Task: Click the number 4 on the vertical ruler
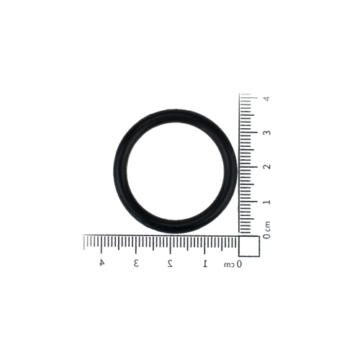[x=267, y=98]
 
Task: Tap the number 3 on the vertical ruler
[x=267, y=132]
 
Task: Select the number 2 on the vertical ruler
[x=267, y=166]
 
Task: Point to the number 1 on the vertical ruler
[x=267, y=202]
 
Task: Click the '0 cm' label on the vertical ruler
[x=267, y=230]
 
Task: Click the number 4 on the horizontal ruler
[x=102, y=263]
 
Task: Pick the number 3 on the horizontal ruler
[x=136, y=263]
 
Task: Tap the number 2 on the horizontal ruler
[x=170, y=264]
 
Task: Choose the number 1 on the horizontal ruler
[x=205, y=264]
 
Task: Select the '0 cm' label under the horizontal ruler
[x=233, y=264]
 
